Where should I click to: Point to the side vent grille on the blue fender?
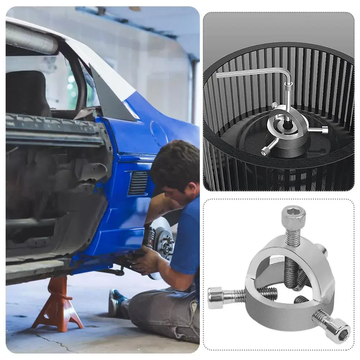coord(138,183)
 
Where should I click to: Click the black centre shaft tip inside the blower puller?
coord(287,122)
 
